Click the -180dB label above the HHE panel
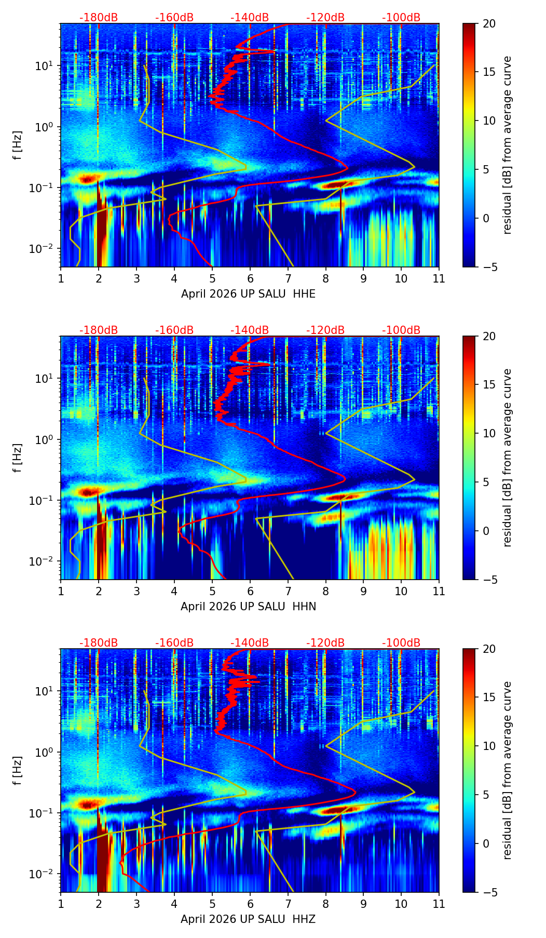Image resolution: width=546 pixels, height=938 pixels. click(99, 18)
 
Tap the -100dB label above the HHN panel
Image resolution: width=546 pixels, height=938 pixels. click(401, 330)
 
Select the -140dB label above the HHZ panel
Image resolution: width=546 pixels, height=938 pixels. click(250, 643)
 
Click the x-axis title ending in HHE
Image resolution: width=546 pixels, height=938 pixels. click(248, 294)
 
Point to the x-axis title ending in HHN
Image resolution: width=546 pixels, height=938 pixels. click(248, 607)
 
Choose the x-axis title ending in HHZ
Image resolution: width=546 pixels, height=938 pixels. click(248, 919)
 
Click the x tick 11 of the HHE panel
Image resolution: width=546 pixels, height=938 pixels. click(439, 278)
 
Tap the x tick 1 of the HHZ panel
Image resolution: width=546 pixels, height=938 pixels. click(61, 904)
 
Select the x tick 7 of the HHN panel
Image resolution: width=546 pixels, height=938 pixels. click(288, 591)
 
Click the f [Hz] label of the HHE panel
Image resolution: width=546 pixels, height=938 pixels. click(18, 145)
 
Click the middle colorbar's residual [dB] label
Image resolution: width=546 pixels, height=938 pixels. click(507, 458)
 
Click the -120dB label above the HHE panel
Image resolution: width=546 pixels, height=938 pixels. click(325, 18)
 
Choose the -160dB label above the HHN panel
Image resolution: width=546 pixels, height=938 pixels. click(174, 330)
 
